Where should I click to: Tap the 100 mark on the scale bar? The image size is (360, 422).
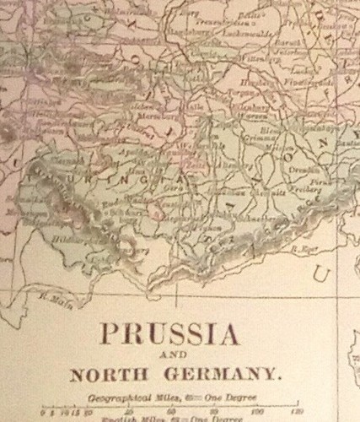tap(256, 412)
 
